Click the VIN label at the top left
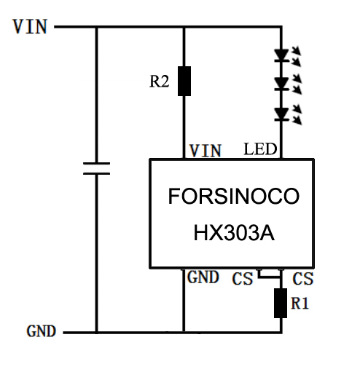tap(30, 26)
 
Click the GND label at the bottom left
tap(42, 331)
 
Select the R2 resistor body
tap(184, 81)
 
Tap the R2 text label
tap(159, 82)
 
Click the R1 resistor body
tap(281, 303)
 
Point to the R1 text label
tap(300, 303)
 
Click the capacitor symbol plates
tap(96, 168)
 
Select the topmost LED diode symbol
tap(281, 55)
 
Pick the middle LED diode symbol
tap(281, 84)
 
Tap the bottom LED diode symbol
tap(281, 114)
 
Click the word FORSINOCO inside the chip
tap(234, 196)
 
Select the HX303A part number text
tap(234, 233)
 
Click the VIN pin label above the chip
tap(206, 151)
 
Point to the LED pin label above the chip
tap(260, 149)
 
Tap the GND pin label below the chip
tap(203, 277)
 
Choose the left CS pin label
tap(243, 279)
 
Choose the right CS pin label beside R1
tap(303, 279)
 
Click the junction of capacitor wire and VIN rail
tap(96, 27)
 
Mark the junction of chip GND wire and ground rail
tap(184, 332)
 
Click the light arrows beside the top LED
tap(297, 56)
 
